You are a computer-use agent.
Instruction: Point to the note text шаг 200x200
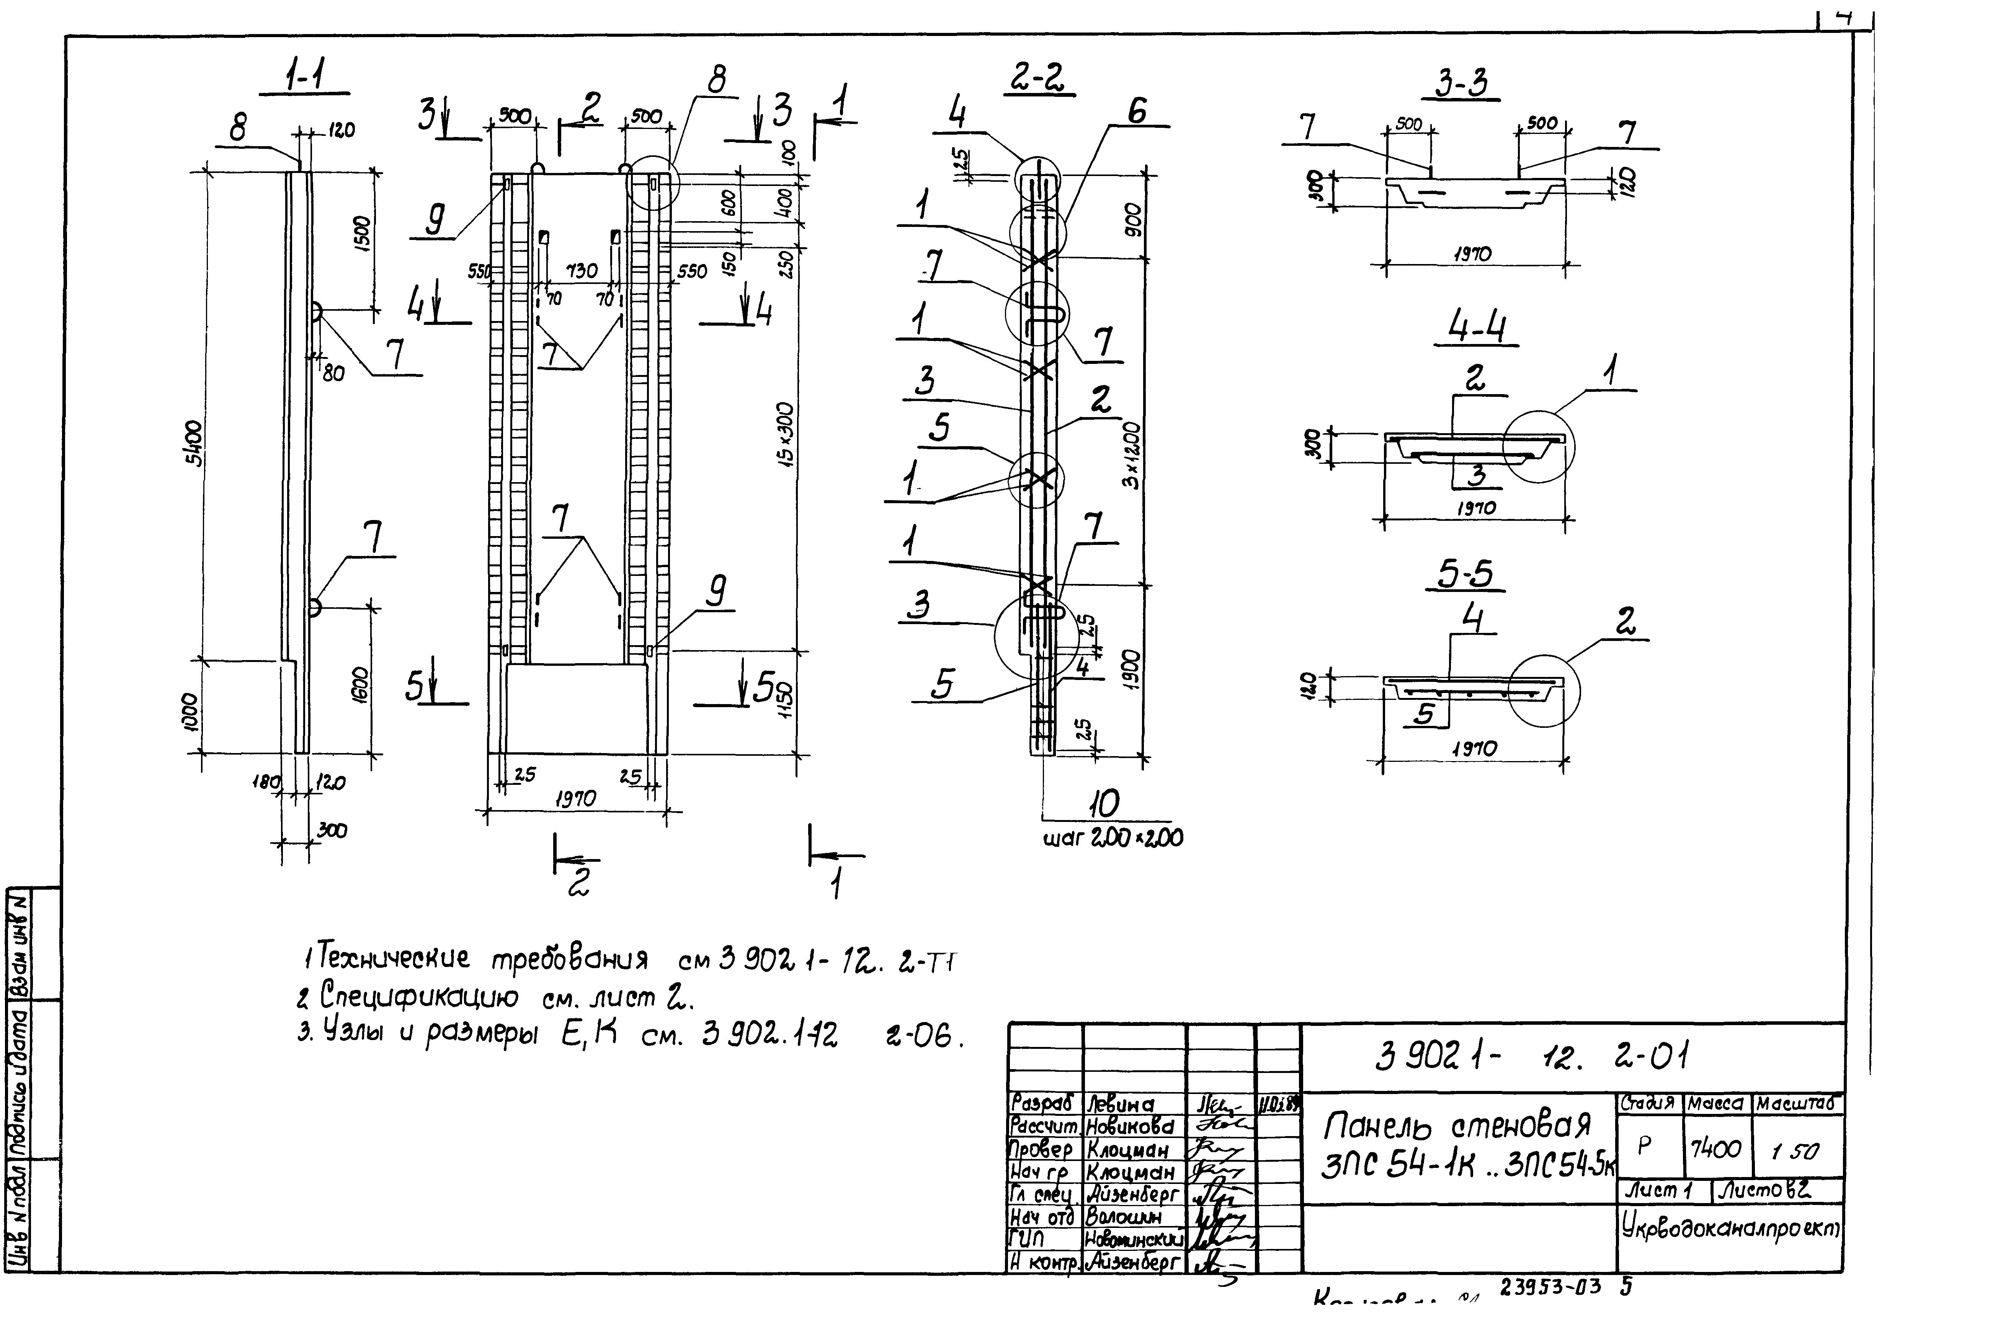click(1113, 838)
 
